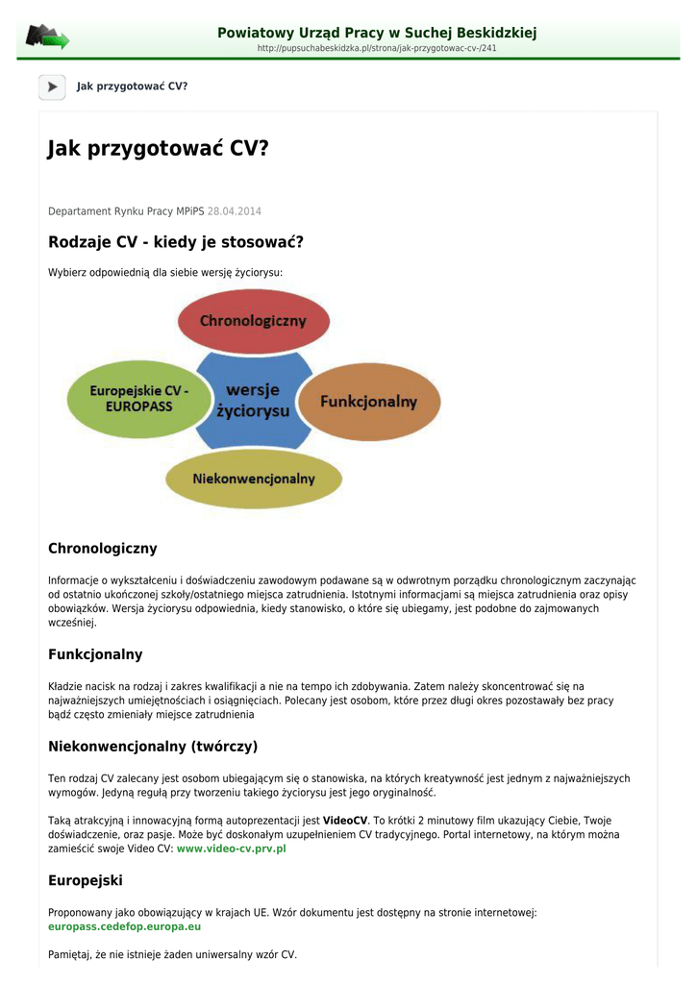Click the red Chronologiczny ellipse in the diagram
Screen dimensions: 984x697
tap(253, 321)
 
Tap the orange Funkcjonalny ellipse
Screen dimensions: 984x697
tap(369, 401)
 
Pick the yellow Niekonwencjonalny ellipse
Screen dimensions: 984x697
tap(254, 479)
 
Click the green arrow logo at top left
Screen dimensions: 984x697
tap(47, 37)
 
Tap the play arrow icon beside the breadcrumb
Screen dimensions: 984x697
tap(52, 86)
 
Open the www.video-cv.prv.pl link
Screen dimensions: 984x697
tap(232, 849)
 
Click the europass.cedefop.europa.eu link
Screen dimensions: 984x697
tap(125, 926)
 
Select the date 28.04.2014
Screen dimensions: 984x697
tap(235, 211)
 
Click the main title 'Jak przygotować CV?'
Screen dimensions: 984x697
tap(159, 149)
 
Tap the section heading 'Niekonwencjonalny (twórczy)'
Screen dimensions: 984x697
tap(153, 746)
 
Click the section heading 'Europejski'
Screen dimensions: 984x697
tap(86, 880)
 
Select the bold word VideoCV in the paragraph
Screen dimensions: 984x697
tap(345, 821)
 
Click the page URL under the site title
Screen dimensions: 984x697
tap(377, 48)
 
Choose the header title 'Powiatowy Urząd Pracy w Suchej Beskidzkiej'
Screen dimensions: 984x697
tap(377, 33)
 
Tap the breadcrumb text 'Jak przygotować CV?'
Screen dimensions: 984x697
tap(132, 86)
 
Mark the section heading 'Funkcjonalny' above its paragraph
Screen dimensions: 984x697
tap(95, 654)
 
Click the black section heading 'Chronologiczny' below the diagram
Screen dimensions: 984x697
tap(102, 549)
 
